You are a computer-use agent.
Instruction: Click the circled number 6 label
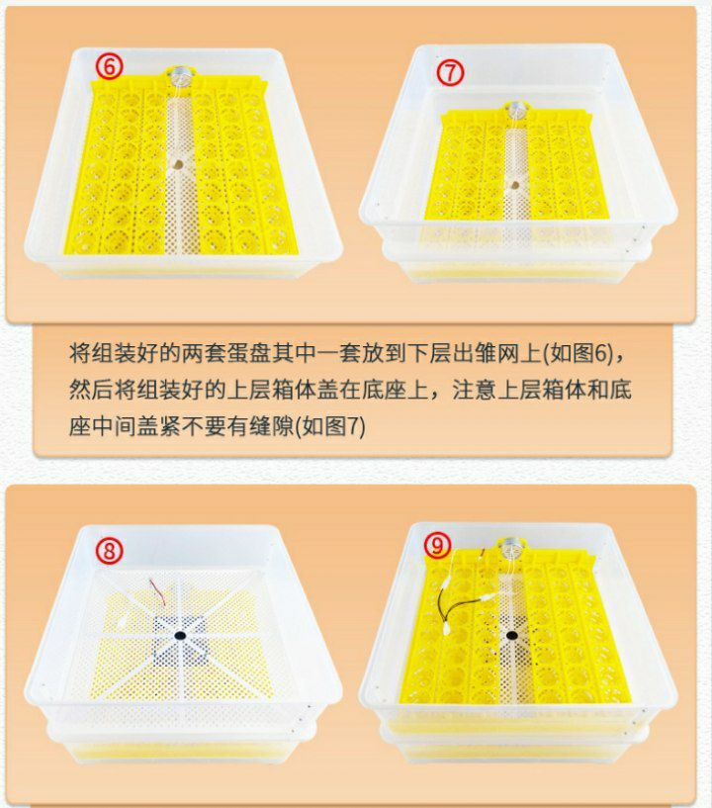[x=109, y=67]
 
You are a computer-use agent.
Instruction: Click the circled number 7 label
[x=450, y=72]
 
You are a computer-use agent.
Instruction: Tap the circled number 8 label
[x=109, y=551]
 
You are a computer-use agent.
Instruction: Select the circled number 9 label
[x=438, y=545]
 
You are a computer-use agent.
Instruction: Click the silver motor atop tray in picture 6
[x=180, y=74]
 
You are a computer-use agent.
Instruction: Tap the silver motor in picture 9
[x=510, y=546]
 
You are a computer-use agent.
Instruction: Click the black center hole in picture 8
[x=180, y=635]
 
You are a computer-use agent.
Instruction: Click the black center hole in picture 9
[x=511, y=635]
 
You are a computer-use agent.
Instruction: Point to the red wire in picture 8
[x=158, y=591]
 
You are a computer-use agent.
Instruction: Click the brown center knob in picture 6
[x=178, y=165]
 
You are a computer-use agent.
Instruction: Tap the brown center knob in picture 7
[x=513, y=184]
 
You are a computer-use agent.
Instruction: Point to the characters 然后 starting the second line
[x=91, y=390]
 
